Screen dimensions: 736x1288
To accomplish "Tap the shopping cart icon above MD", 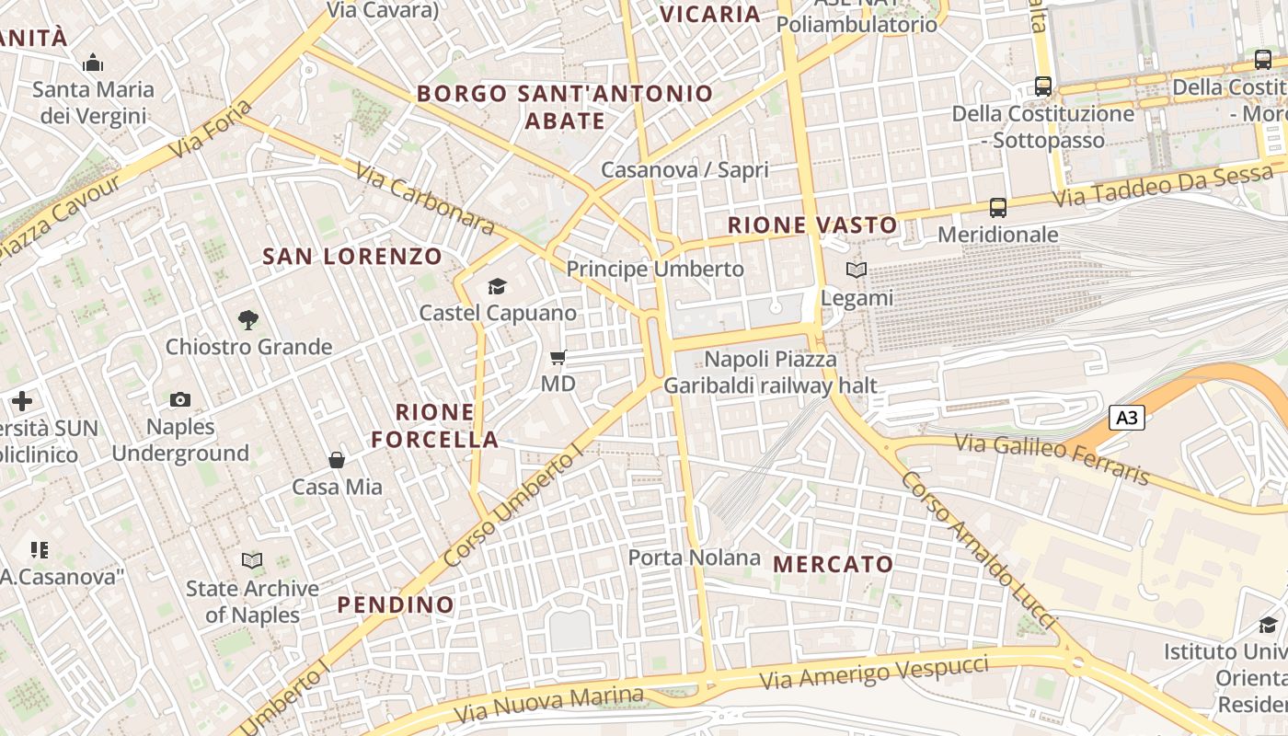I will pyautogui.click(x=558, y=357).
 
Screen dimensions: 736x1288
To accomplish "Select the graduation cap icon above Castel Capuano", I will pyautogui.click(x=498, y=286).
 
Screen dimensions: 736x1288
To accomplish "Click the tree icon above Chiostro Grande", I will pyautogui.click(x=247, y=320).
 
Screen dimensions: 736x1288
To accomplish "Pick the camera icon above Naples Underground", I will pyautogui.click(x=180, y=399).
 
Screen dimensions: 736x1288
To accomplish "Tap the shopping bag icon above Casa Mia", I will pyautogui.click(x=337, y=459).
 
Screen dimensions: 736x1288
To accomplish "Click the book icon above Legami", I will pyautogui.click(x=857, y=270).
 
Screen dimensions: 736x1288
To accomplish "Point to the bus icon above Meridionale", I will pyautogui.click(x=998, y=208).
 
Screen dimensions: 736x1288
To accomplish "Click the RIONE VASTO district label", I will pyautogui.click(x=812, y=225).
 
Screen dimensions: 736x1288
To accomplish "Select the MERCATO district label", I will pyautogui.click(x=834, y=564).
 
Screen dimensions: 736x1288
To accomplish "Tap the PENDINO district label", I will pyautogui.click(x=396, y=604).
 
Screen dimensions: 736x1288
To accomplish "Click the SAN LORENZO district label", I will pyautogui.click(x=352, y=257).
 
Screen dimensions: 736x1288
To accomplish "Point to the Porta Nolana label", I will pyautogui.click(x=695, y=558).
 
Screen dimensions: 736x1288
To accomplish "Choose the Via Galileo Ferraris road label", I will pyautogui.click(x=1052, y=458).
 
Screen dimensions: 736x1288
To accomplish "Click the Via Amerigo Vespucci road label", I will pyautogui.click(x=875, y=673).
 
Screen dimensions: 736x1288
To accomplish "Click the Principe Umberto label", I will pyautogui.click(x=655, y=269).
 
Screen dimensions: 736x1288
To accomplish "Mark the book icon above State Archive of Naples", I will pyautogui.click(x=251, y=560).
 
